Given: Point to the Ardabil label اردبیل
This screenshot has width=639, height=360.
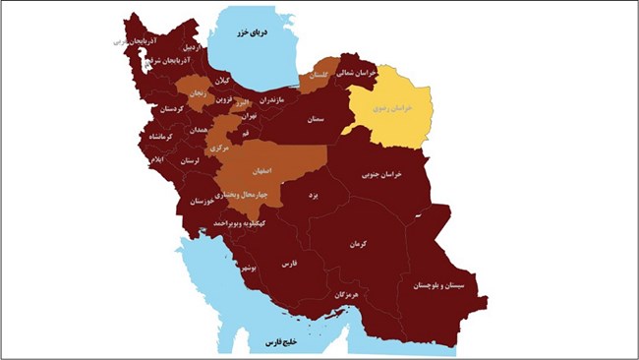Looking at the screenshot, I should [x=192, y=47].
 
